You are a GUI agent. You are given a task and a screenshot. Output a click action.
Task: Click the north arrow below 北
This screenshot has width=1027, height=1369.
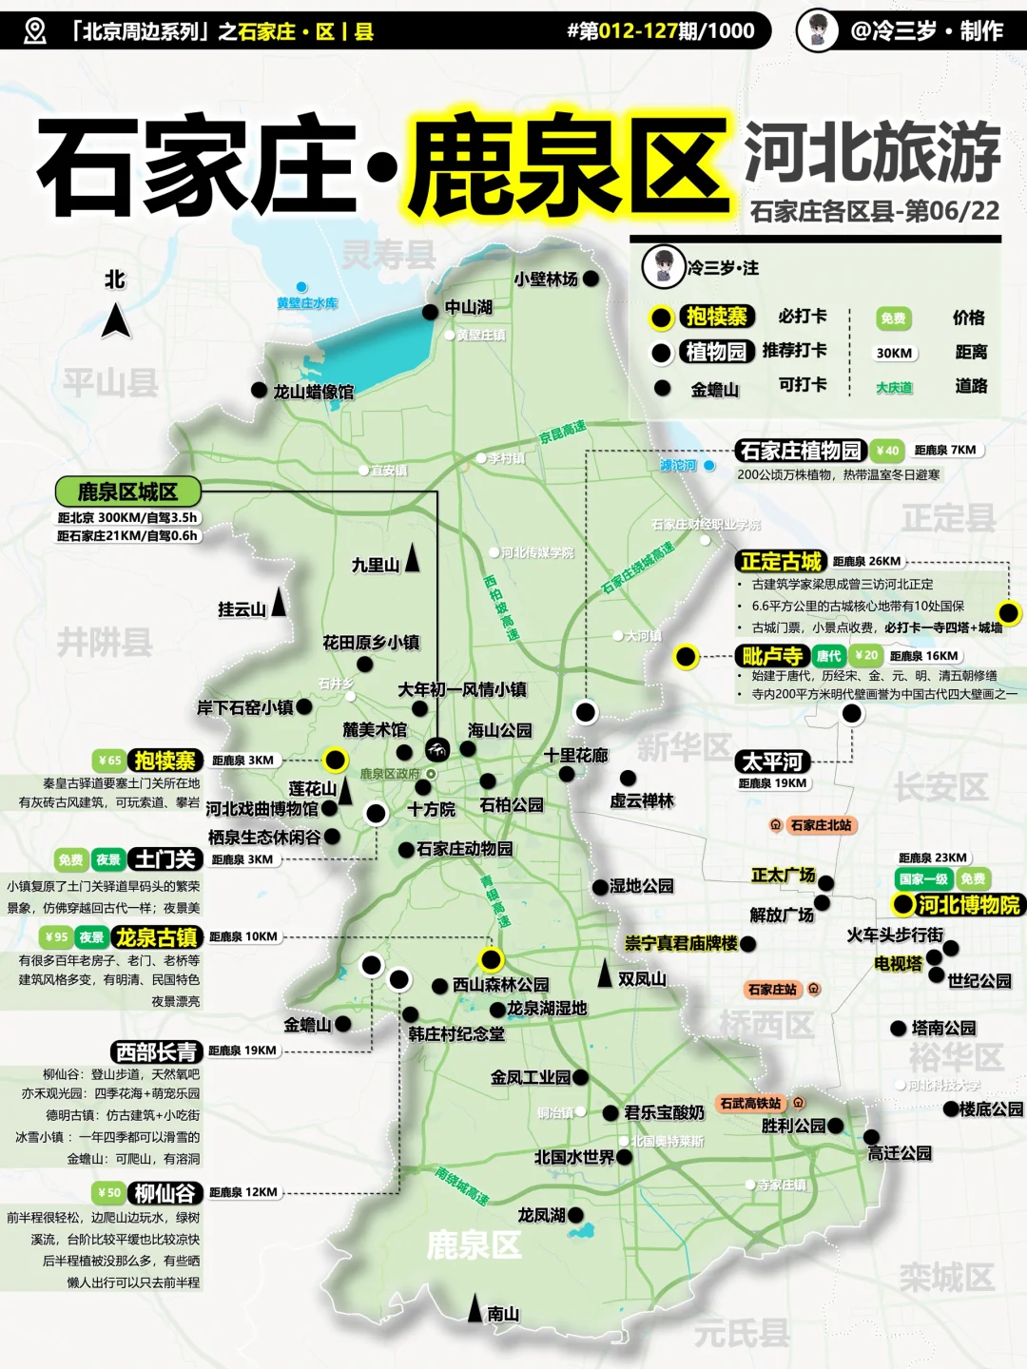pos(116,320)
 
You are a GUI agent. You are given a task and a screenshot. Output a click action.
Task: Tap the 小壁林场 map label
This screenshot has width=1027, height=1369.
pos(546,279)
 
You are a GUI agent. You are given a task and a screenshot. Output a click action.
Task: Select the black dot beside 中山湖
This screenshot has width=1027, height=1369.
pos(431,312)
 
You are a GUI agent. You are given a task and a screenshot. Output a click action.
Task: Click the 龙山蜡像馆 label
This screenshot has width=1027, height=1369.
pos(313,392)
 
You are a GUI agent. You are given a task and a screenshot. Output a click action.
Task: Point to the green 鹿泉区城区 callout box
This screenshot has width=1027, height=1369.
pos(127,492)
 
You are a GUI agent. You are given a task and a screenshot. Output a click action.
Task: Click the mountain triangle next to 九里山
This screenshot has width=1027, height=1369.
pos(412,558)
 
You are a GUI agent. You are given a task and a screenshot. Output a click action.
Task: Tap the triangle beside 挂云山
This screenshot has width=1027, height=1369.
pos(279,602)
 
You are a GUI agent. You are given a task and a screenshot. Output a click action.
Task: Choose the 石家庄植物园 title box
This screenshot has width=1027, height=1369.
pos(801,451)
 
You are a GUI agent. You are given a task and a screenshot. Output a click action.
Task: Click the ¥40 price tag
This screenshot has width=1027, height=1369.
pos(888,451)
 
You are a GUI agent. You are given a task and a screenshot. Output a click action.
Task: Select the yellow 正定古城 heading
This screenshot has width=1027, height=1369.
pos(781,561)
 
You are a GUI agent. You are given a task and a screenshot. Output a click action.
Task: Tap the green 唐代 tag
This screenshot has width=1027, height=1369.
pos(828,655)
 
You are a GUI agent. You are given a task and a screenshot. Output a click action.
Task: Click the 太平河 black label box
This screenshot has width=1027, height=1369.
pos(773,762)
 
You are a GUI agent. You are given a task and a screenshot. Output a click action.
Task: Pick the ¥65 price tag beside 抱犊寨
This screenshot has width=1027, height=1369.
pos(109,761)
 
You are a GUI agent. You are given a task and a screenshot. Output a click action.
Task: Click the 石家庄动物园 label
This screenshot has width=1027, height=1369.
pos(464,849)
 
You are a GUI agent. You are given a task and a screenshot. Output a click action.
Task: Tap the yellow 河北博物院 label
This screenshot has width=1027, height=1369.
pos(968,904)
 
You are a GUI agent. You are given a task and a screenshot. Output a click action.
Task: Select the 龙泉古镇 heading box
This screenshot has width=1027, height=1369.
pos(157,937)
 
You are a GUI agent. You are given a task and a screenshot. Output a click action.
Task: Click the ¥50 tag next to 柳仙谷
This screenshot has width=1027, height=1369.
pos(108,1192)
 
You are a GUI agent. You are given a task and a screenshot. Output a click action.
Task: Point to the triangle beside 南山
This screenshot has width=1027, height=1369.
pos(475,1309)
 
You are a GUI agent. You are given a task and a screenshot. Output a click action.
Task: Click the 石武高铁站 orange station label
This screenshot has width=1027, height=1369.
pos(750,1103)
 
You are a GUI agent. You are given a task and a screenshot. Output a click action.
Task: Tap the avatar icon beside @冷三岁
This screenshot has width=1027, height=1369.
pos(817,30)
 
